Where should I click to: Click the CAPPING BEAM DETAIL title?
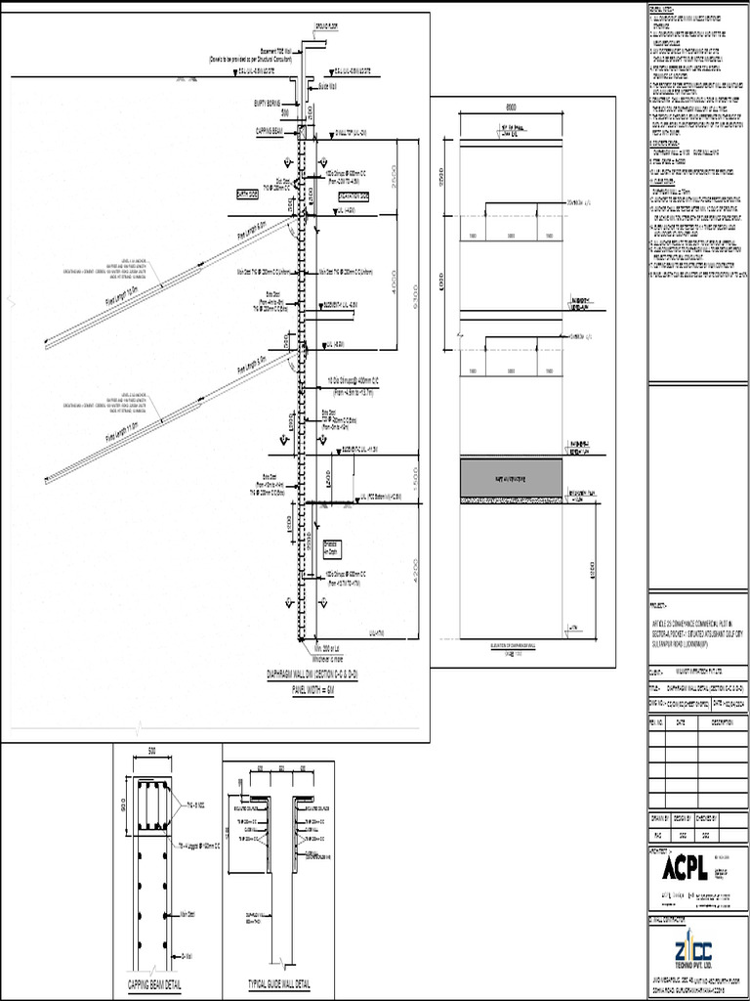pos(154,983)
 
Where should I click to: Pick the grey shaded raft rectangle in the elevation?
pos(511,479)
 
